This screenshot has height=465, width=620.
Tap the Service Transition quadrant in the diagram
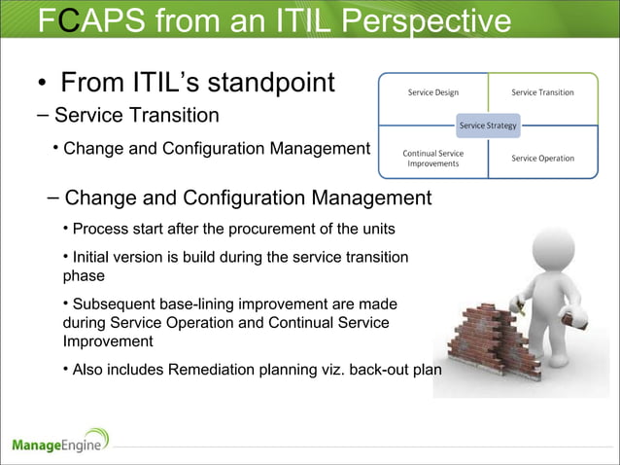tap(542, 92)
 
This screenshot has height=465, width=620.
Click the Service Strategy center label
tap(488, 125)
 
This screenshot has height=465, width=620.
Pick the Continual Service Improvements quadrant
tap(432, 158)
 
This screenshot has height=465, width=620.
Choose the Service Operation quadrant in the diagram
tap(542, 158)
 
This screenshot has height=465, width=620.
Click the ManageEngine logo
tap(60, 443)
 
